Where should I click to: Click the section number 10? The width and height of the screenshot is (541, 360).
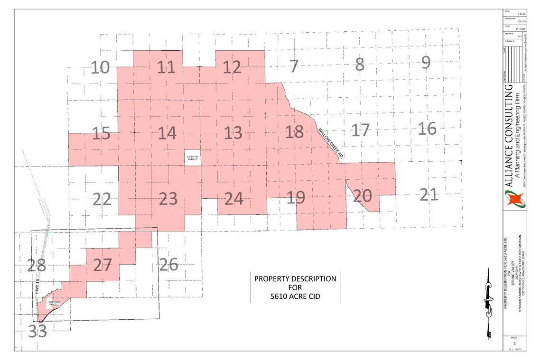tap(100, 68)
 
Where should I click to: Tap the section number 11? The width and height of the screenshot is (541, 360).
tap(166, 68)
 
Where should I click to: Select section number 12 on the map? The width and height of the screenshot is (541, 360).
tap(232, 68)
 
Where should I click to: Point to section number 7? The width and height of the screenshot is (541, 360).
tap(294, 66)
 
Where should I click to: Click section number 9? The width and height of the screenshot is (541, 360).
tap(426, 63)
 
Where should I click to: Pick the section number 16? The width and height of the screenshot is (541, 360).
tap(427, 129)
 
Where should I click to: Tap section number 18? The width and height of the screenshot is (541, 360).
tap(294, 132)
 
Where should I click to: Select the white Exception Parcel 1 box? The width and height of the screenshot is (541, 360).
tap(193, 158)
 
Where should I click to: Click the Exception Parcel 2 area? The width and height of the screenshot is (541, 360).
tap(53, 304)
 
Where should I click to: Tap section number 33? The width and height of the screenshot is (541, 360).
tap(37, 332)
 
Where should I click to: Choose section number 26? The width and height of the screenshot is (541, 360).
tap(168, 265)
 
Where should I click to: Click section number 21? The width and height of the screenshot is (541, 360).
tap(429, 195)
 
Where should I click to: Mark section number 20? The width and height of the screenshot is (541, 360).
tap(363, 196)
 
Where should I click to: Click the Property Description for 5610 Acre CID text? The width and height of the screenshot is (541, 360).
tap(295, 287)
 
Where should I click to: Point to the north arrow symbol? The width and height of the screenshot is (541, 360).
tap(488, 304)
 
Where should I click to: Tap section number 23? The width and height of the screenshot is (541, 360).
tap(168, 199)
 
